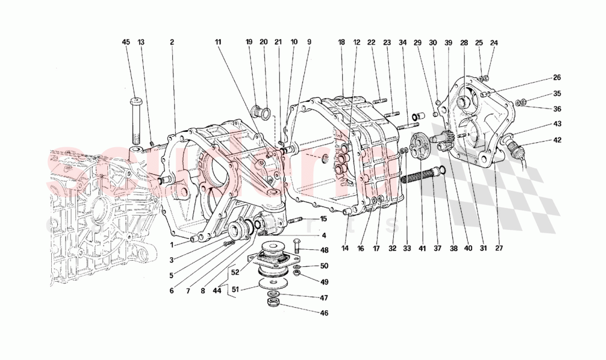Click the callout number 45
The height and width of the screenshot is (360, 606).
point(126,42)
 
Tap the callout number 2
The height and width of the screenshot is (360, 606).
point(172,42)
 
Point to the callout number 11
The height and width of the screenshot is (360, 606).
point(218,42)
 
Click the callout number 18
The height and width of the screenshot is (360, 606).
point(341,42)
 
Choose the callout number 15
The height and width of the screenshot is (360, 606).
point(323,219)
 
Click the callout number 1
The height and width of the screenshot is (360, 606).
point(172,245)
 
